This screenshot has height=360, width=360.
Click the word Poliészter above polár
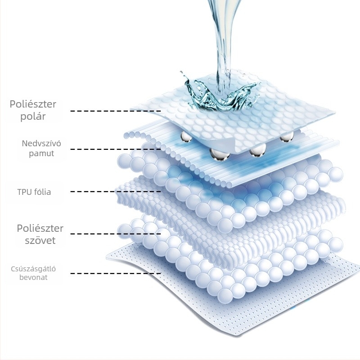[x=33, y=104]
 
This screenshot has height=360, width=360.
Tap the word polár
[x=33, y=116]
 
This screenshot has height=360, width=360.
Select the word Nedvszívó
[x=41, y=143]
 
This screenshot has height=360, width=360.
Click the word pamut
[x=41, y=153]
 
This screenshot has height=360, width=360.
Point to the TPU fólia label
[x=34, y=192]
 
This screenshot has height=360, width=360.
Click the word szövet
[x=40, y=240]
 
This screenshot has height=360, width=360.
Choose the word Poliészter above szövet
[x=40, y=228]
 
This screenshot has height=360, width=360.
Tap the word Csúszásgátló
[x=33, y=269]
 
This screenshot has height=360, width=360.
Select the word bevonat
[x=33, y=277]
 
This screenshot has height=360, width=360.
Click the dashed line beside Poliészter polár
[x=116, y=111]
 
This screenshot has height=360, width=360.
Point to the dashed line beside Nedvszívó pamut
[x=116, y=149]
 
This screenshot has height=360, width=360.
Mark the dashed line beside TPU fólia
[x=116, y=192]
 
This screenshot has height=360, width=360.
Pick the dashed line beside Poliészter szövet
[x=116, y=234]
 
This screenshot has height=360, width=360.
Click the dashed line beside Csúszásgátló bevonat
[x=116, y=273]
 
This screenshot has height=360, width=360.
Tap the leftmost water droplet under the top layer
[x=186, y=137]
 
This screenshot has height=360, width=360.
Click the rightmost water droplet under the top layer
[x=287, y=136]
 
